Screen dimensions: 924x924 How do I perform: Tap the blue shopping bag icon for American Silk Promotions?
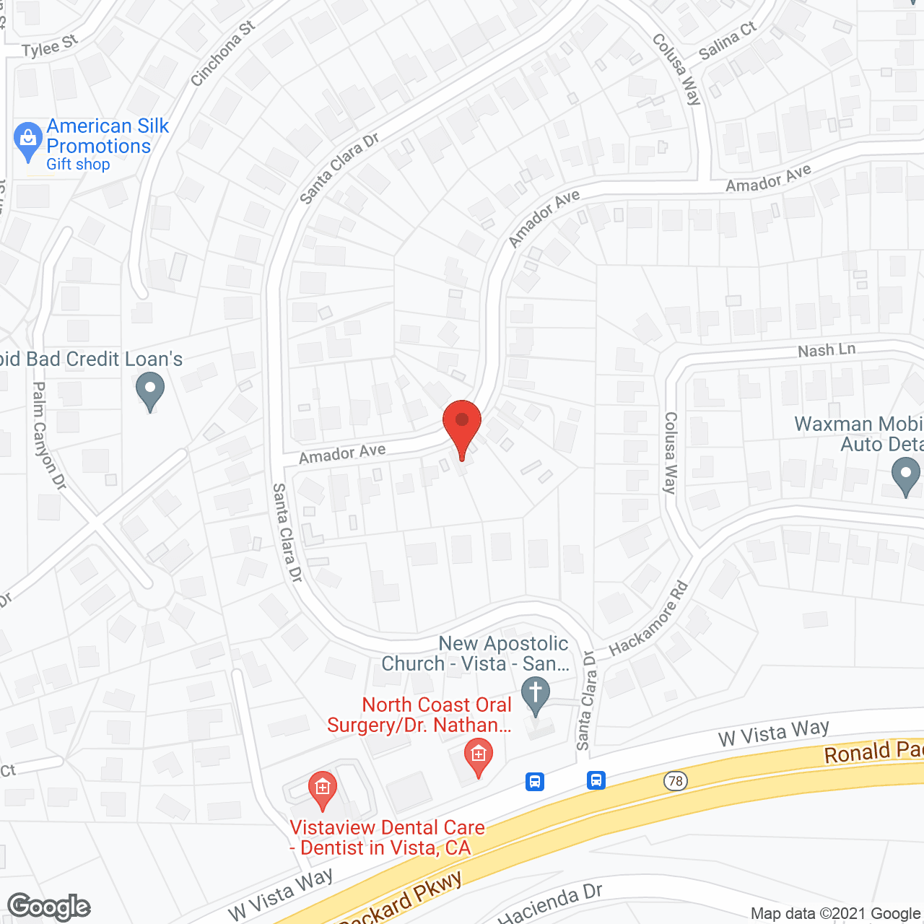(x=28, y=140)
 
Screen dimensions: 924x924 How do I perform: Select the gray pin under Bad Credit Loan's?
(x=150, y=391)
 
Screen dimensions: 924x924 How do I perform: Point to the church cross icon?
(x=536, y=694)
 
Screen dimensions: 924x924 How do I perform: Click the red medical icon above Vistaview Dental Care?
(x=323, y=789)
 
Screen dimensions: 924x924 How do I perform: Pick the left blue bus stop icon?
(x=535, y=781)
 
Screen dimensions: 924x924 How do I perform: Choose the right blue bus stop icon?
(x=596, y=780)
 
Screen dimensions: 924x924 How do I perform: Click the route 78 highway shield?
(x=676, y=781)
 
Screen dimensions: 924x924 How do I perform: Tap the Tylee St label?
(x=50, y=47)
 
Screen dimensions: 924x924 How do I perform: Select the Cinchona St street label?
(x=223, y=53)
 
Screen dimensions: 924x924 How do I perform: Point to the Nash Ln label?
(x=827, y=350)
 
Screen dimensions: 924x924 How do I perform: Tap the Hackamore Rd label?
(x=648, y=619)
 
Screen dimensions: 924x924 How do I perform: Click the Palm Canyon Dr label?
(x=49, y=436)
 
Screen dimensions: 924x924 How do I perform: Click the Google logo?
(x=49, y=907)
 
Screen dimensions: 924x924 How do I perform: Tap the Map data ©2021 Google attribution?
(x=836, y=914)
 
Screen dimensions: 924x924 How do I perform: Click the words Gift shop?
(x=78, y=165)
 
